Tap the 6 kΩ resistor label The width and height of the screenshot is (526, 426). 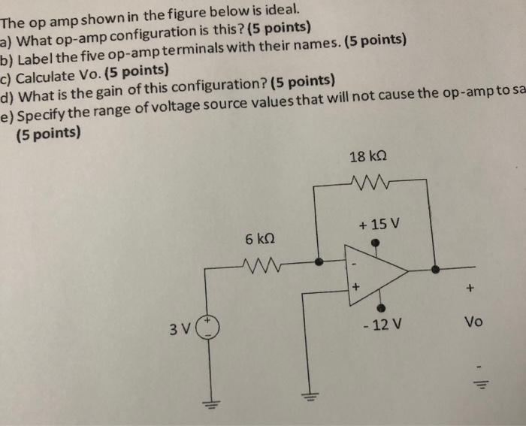point(260,238)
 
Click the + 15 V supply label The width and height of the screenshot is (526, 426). point(380,225)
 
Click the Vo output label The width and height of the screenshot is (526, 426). point(473,323)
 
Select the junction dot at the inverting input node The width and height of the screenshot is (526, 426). point(319,262)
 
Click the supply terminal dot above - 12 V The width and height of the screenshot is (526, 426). point(382,307)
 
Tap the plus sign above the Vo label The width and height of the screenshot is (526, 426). point(471,287)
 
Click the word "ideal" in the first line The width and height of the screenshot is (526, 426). point(284,10)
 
